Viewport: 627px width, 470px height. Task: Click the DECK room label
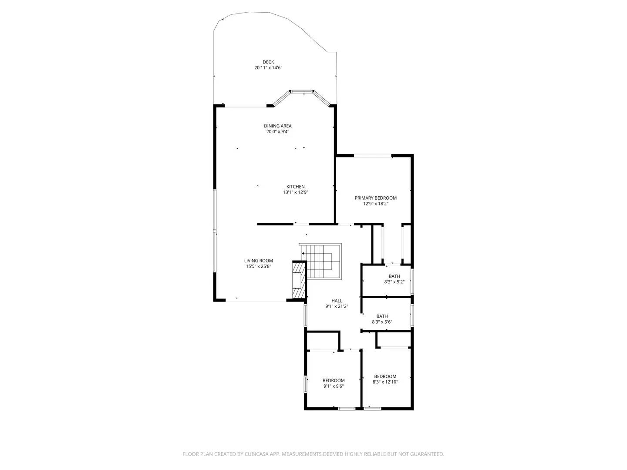(268, 62)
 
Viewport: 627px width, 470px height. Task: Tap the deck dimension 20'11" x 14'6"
(269, 68)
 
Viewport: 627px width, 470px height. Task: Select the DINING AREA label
(277, 126)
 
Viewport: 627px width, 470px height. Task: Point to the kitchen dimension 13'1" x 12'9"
(296, 192)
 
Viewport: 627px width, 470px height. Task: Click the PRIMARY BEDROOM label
(375, 198)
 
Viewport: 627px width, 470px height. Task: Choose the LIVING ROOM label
(258, 261)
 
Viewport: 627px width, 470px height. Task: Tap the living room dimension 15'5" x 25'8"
(258, 266)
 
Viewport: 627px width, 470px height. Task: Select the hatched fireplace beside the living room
(299, 281)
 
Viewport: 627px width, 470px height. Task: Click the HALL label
(337, 301)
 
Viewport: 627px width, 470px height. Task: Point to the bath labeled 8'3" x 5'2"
(394, 279)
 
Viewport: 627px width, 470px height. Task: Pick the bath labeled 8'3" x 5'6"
(382, 319)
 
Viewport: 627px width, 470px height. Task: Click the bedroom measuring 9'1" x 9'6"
(334, 383)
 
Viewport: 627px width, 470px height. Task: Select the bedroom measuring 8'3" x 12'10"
(385, 379)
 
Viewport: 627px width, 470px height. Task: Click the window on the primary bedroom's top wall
(372, 155)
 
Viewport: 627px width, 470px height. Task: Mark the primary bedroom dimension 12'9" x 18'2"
(375, 203)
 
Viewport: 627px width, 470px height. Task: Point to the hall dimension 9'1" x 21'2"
(337, 306)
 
